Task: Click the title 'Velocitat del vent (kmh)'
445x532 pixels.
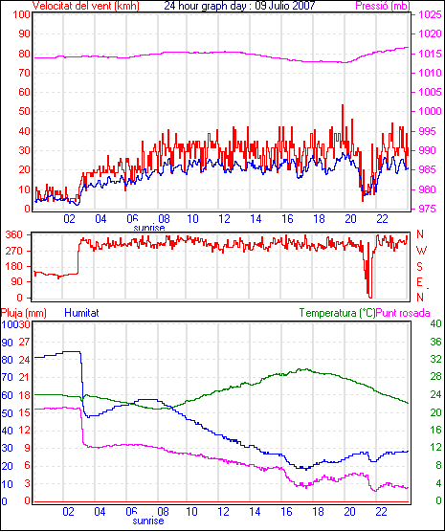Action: (x=86, y=6)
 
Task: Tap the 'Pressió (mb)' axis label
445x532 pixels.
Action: (x=383, y=6)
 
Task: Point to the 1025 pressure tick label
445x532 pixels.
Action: (x=430, y=14)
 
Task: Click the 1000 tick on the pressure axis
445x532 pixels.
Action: (x=430, y=111)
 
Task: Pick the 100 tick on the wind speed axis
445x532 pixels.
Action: (x=21, y=15)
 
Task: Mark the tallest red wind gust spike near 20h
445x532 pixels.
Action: (x=343, y=105)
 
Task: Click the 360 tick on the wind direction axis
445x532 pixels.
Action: (x=14, y=234)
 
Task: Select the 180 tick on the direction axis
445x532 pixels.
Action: (x=14, y=266)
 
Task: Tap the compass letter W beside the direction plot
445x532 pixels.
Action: (x=421, y=251)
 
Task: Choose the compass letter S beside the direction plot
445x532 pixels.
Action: (x=420, y=267)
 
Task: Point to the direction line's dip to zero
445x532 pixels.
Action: (x=369, y=298)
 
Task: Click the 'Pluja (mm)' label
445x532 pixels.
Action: (x=23, y=313)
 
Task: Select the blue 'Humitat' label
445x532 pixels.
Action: (x=81, y=313)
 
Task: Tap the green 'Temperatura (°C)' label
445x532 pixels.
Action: (x=338, y=313)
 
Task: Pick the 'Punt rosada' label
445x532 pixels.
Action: (x=403, y=313)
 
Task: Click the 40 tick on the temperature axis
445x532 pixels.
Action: (x=435, y=323)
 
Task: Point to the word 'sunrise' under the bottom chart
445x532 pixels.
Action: (x=148, y=521)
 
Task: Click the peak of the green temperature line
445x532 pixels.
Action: (x=306, y=369)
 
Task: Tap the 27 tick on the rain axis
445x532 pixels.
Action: (x=24, y=342)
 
